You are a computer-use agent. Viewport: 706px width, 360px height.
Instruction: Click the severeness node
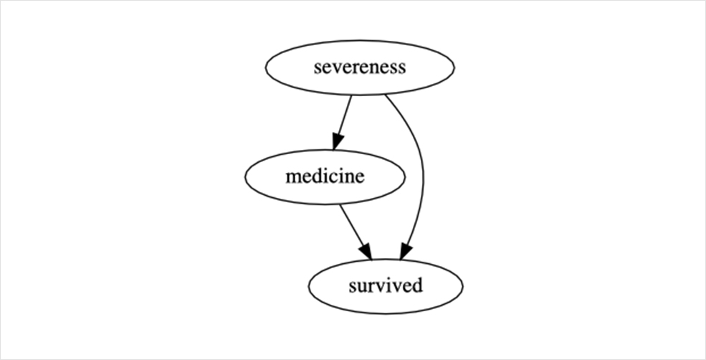[360, 67]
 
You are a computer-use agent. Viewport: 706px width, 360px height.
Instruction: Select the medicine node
[325, 177]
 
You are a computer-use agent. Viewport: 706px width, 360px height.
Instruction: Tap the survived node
[386, 287]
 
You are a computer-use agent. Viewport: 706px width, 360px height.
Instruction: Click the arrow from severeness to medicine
[342, 122]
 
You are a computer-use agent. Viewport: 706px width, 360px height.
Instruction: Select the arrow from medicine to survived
[356, 232]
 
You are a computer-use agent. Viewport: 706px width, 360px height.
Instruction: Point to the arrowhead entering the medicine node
[338, 141]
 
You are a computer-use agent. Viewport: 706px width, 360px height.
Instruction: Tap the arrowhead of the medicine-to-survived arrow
[366, 252]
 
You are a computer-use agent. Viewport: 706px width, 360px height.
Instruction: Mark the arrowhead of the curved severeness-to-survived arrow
[405, 252]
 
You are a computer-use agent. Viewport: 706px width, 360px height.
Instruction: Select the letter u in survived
[363, 287]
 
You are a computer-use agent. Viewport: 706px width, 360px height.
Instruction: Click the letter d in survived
[417, 285]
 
